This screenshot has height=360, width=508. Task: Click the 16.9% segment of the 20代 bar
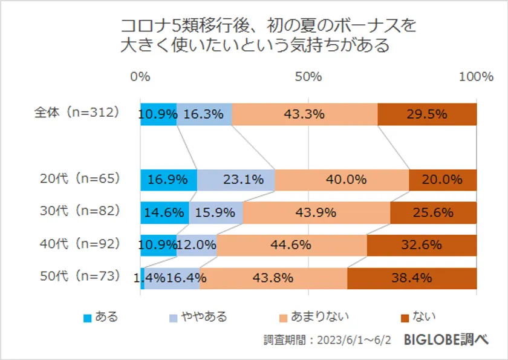tap(168, 180)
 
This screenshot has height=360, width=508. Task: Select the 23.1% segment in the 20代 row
tap(236, 180)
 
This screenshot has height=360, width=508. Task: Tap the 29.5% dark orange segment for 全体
tap(427, 114)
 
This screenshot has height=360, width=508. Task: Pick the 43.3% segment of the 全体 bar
tap(305, 114)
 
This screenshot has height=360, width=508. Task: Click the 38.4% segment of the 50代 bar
tap(412, 278)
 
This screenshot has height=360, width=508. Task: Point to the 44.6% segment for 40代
tap(292, 245)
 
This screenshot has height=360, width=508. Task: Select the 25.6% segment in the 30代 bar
tap(433, 212)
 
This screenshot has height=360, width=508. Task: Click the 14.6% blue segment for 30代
tap(164, 212)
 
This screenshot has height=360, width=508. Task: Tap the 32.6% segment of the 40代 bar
tap(422, 245)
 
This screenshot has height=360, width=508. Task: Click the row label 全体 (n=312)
tap(76, 113)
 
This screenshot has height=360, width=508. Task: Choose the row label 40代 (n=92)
tap(79, 244)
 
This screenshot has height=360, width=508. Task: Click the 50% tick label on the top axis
tap(308, 76)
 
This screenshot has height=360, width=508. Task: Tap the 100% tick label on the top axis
tap(476, 76)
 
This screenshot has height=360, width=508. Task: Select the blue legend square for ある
tap(88, 318)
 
